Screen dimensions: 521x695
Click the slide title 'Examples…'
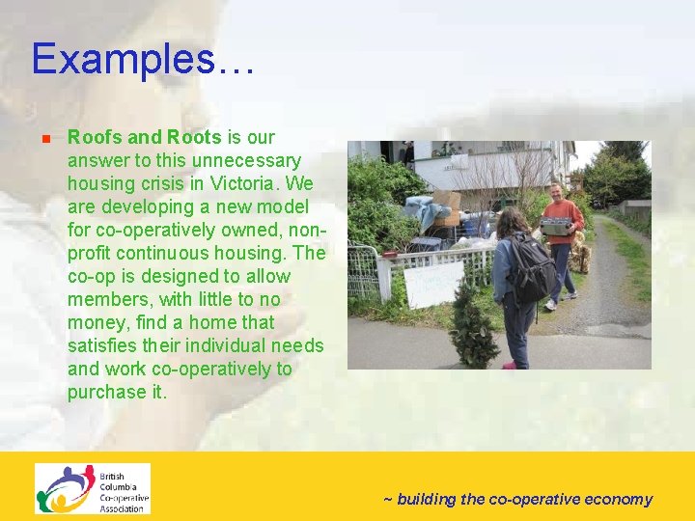pos(143,59)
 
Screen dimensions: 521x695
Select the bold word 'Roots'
pos(194,137)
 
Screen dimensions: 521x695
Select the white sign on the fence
pos(433,286)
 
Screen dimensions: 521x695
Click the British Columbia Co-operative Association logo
pos(93,489)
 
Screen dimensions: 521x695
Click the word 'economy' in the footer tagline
pos(618,499)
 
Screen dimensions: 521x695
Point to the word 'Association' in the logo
pos(123,507)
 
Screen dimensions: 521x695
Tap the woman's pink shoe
pos(509,365)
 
